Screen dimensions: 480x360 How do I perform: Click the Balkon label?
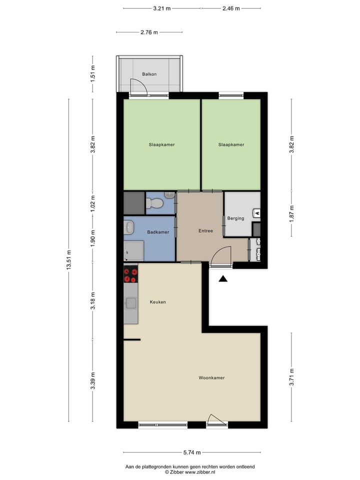(149, 74)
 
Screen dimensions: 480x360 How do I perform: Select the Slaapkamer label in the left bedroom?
(161, 144)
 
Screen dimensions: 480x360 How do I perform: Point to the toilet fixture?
(154, 203)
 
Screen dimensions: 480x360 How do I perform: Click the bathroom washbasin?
(129, 227)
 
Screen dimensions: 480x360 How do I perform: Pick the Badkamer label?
(158, 232)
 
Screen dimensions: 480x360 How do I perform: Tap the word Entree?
(205, 231)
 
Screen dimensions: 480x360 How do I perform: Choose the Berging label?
(235, 218)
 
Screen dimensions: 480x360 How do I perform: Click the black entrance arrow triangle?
(223, 279)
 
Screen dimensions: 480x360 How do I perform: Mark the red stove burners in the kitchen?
(131, 275)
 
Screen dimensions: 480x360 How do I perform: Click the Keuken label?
(157, 302)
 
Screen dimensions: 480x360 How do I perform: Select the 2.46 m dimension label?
(231, 8)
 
